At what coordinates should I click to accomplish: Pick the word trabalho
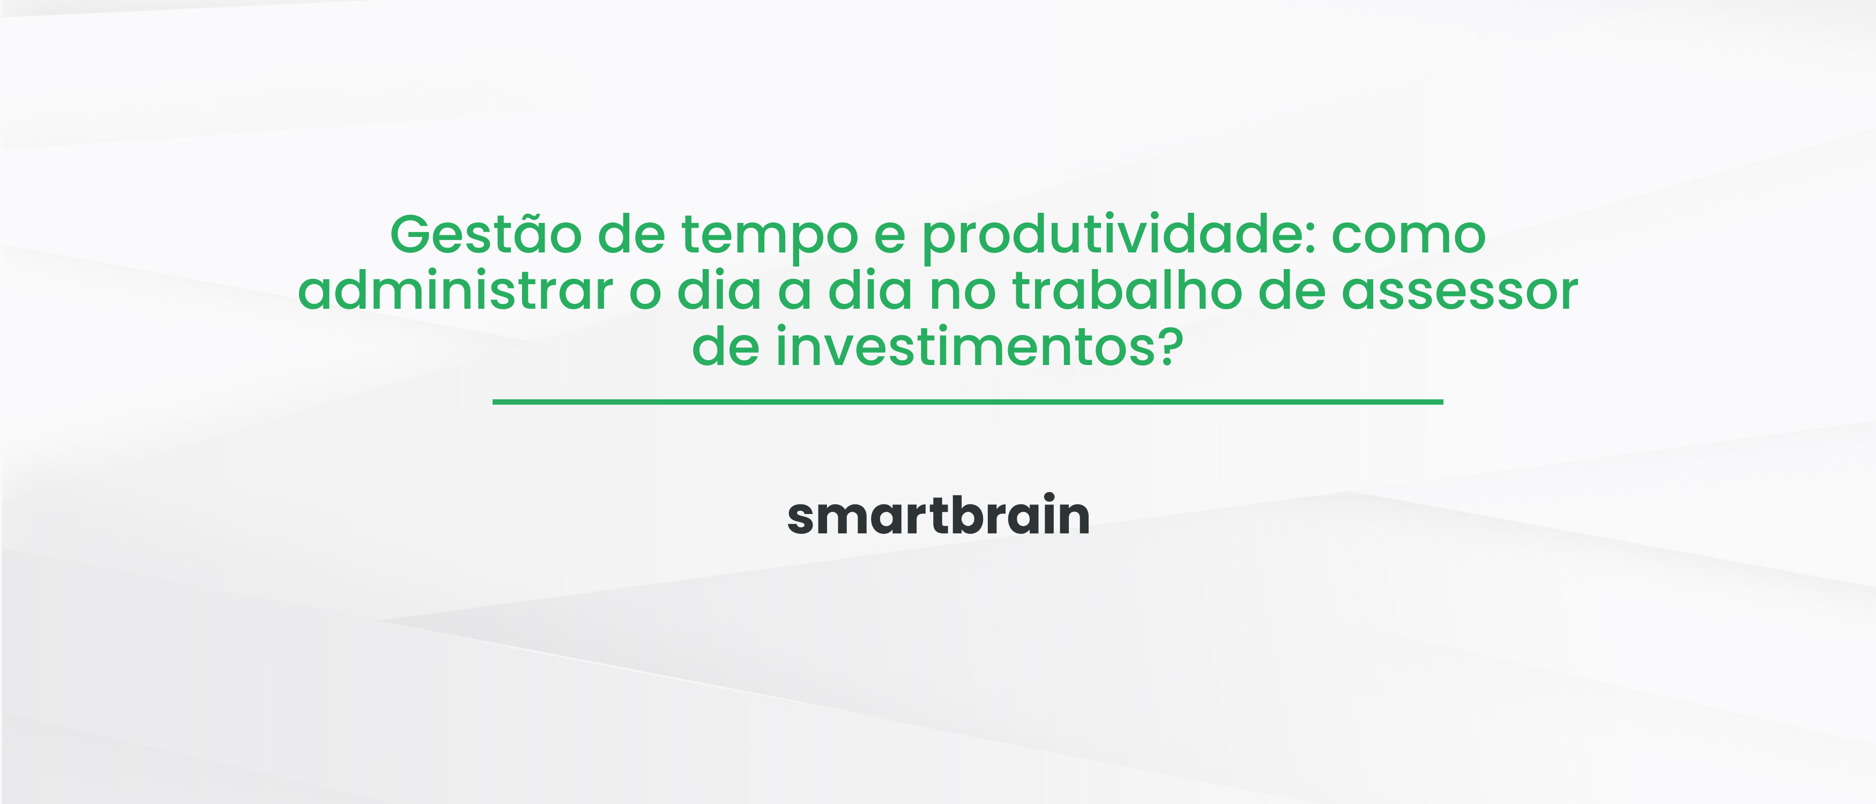[1127, 291]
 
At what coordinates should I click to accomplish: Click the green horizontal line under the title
[967, 401]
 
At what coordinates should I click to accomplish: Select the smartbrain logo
[938, 516]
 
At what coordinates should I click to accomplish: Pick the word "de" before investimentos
[725, 347]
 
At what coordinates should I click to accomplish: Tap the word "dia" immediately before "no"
[870, 291]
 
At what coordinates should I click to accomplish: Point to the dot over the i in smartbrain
[1048, 497]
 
